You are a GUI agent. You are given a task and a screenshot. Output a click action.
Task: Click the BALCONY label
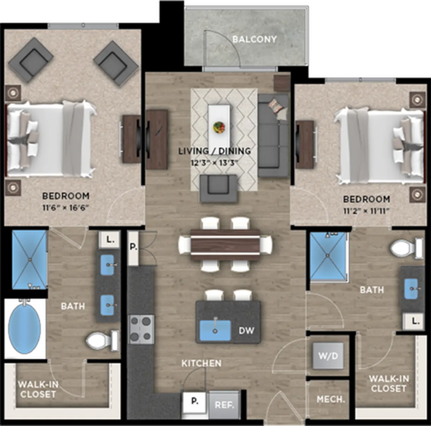pyautogui.click(x=254, y=39)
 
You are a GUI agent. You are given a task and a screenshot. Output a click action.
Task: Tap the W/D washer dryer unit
pyautogui.click(x=328, y=356)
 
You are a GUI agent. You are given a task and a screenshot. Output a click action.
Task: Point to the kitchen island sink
pyautogui.click(x=215, y=330)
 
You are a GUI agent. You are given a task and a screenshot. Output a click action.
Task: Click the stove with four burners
pyautogui.click(x=141, y=329)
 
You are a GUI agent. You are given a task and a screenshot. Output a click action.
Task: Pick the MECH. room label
pyautogui.click(x=331, y=399)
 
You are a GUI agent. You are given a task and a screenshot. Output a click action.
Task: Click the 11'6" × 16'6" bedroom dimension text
pyautogui.click(x=66, y=208)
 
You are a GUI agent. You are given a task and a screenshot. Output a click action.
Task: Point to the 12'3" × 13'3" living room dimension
pyautogui.click(x=214, y=163)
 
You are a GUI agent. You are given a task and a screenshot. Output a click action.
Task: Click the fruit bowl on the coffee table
pyautogui.click(x=219, y=127)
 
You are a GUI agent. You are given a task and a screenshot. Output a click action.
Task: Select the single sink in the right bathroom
pyautogui.click(x=412, y=289)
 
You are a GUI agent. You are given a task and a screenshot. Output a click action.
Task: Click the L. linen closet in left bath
pyautogui.click(x=109, y=240)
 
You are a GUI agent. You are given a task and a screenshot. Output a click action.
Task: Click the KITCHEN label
pyautogui.click(x=201, y=364)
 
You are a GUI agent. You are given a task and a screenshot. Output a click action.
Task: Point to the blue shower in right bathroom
pyautogui.click(x=328, y=256)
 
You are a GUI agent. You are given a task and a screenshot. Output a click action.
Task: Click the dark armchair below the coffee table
pyautogui.click(x=219, y=189)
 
